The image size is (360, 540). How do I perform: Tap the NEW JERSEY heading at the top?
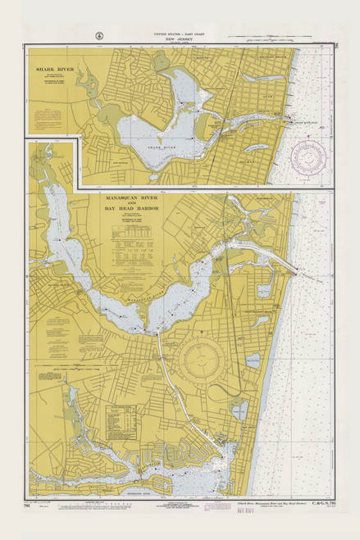(x=180, y=39)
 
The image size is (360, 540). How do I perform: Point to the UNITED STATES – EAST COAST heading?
(x=180, y=33)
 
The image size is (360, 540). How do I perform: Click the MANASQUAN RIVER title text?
(x=136, y=198)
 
